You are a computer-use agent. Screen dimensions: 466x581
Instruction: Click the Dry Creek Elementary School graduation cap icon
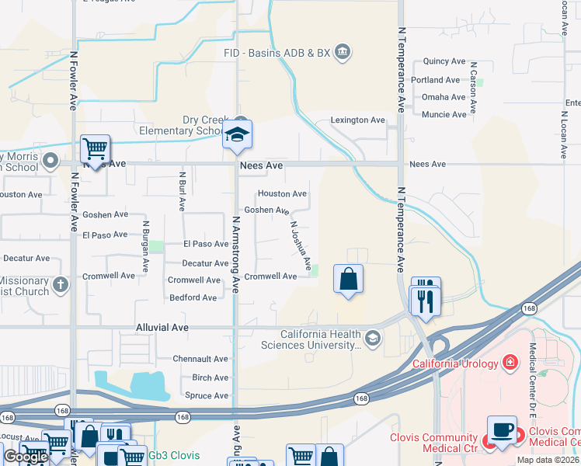coord(237,136)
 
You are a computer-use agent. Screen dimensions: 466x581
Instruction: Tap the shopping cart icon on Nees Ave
coord(95,148)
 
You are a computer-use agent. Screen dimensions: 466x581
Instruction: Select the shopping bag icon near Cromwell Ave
coord(349,279)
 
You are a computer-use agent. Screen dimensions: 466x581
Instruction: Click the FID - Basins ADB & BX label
coord(276,53)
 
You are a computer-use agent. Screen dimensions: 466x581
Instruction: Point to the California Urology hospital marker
coord(510,362)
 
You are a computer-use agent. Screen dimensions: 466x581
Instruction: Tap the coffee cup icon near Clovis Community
coord(502,430)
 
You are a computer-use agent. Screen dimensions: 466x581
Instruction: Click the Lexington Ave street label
coord(358,120)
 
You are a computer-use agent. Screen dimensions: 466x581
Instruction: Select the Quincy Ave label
coord(444,61)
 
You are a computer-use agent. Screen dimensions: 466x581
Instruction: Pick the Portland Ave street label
coord(437,80)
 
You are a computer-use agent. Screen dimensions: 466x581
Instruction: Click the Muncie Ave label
coord(444,114)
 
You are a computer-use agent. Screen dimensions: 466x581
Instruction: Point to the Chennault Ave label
coord(200,359)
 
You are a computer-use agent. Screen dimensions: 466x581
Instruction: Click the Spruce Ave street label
coord(206,395)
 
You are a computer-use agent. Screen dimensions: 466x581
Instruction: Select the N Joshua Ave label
coord(301,242)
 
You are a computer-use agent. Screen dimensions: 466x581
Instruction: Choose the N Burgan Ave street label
coord(145,245)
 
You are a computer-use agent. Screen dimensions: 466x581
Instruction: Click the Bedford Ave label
coord(193,297)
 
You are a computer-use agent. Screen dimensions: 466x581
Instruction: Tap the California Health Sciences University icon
coord(373,337)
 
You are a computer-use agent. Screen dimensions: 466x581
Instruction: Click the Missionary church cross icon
coord(60,286)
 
